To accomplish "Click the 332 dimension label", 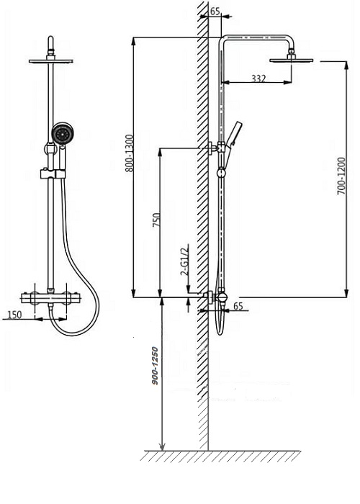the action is click(x=258, y=78).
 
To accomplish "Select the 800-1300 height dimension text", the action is click(x=129, y=153).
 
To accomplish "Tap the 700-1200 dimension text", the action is click(x=341, y=176).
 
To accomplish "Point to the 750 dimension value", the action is click(x=156, y=220).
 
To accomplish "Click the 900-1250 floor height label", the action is click(x=156, y=366).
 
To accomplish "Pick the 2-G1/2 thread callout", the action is click(x=185, y=260).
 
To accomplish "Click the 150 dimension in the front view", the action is click(x=14, y=315).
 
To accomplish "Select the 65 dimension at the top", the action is click(x=215, y=12).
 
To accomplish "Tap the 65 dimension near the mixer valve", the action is click(x=238, y=306).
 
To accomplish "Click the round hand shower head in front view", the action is click(x=61, y=134).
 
